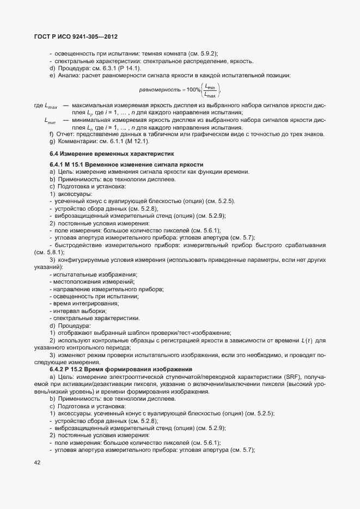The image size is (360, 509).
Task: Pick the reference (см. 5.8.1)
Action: click(x=48, y=252)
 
